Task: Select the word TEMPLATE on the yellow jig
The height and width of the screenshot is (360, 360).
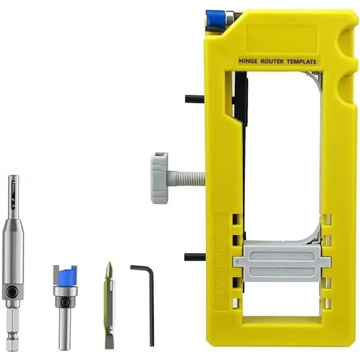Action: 302,61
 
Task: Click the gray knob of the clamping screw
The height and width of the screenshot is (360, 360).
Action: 160,178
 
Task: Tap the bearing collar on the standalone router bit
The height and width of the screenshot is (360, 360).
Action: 65,291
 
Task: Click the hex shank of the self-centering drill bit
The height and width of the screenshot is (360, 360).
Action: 12,328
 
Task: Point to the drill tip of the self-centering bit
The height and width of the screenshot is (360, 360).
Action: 13,189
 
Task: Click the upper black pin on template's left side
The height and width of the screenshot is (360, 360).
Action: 194,99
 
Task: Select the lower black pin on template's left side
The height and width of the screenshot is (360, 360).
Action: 194,257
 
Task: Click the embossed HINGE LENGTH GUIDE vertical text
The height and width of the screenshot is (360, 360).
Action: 222,261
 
